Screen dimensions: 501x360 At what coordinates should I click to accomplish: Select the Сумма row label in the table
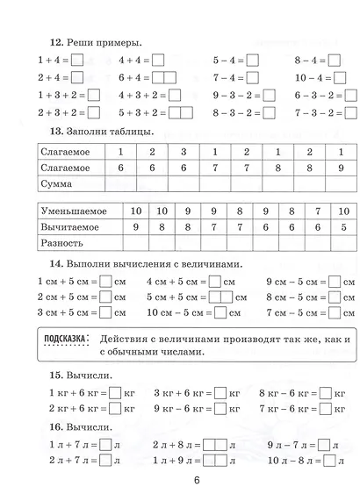[x=58, y=184]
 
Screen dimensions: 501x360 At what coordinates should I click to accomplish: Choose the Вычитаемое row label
[x=70, y=227]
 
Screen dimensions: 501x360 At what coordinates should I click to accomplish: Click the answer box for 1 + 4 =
[x=76, y=61]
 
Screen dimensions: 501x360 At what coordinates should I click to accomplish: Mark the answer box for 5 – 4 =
[x=253, y=61]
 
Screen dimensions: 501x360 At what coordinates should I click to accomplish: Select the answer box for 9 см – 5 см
[x=332, y=282]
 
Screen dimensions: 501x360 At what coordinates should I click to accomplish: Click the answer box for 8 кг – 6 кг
[x=325, y=392]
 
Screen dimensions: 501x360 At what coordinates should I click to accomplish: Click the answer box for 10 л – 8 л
[x=329, y=461]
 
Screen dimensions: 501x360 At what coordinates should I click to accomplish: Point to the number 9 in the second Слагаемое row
[x=341, y=167]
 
